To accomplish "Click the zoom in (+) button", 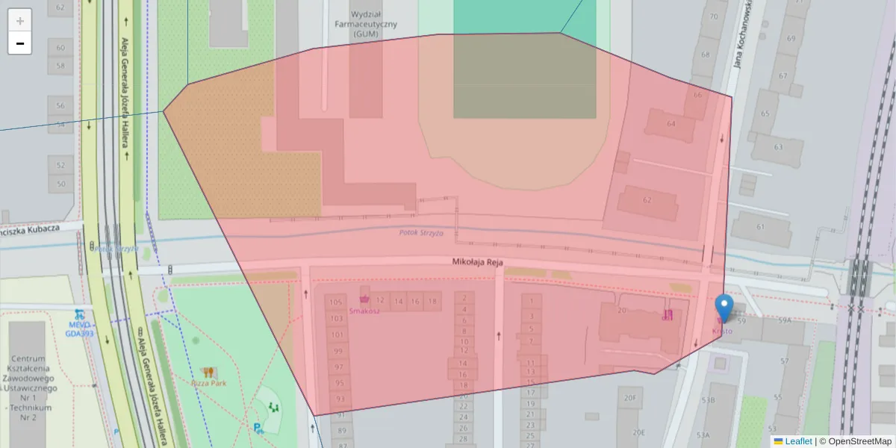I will [19, 20].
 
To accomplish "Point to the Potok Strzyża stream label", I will [420, 233].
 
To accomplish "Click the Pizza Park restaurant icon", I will [208, 371].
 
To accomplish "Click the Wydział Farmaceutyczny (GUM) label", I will [366, 24].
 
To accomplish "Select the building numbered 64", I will [671, 123].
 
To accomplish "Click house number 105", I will [335, 302].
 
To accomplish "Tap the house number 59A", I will [784, 320].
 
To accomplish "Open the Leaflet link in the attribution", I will [798, 441].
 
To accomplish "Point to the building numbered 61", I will [760, 227].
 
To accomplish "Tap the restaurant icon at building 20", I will [668, 315].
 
